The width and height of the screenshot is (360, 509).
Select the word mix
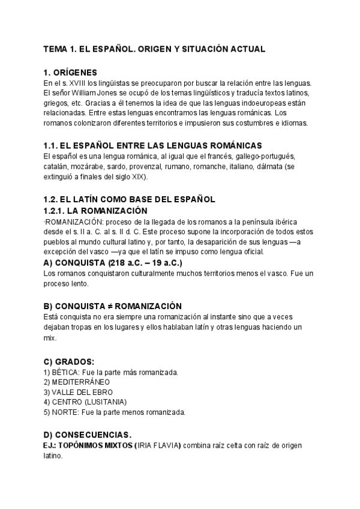[x=50, y=338]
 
